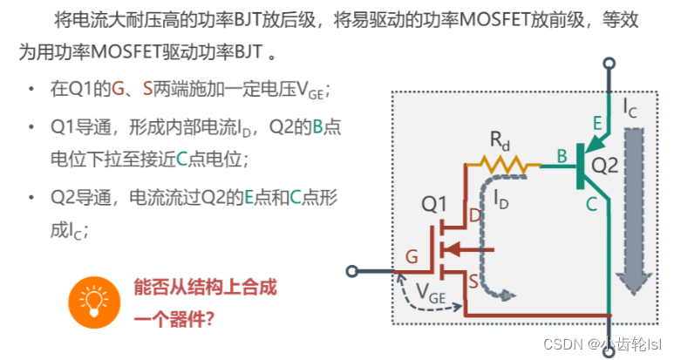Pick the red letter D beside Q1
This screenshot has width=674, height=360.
(x=475, y=215)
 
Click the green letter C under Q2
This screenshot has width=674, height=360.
(x=592, y=204)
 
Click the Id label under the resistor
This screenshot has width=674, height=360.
(x=501, y=198)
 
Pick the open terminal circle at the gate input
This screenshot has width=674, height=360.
(x=352, y=271)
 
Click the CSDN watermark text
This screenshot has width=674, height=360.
(x=602, y=344)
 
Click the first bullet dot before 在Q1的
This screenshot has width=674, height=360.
(x=32, y=90)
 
